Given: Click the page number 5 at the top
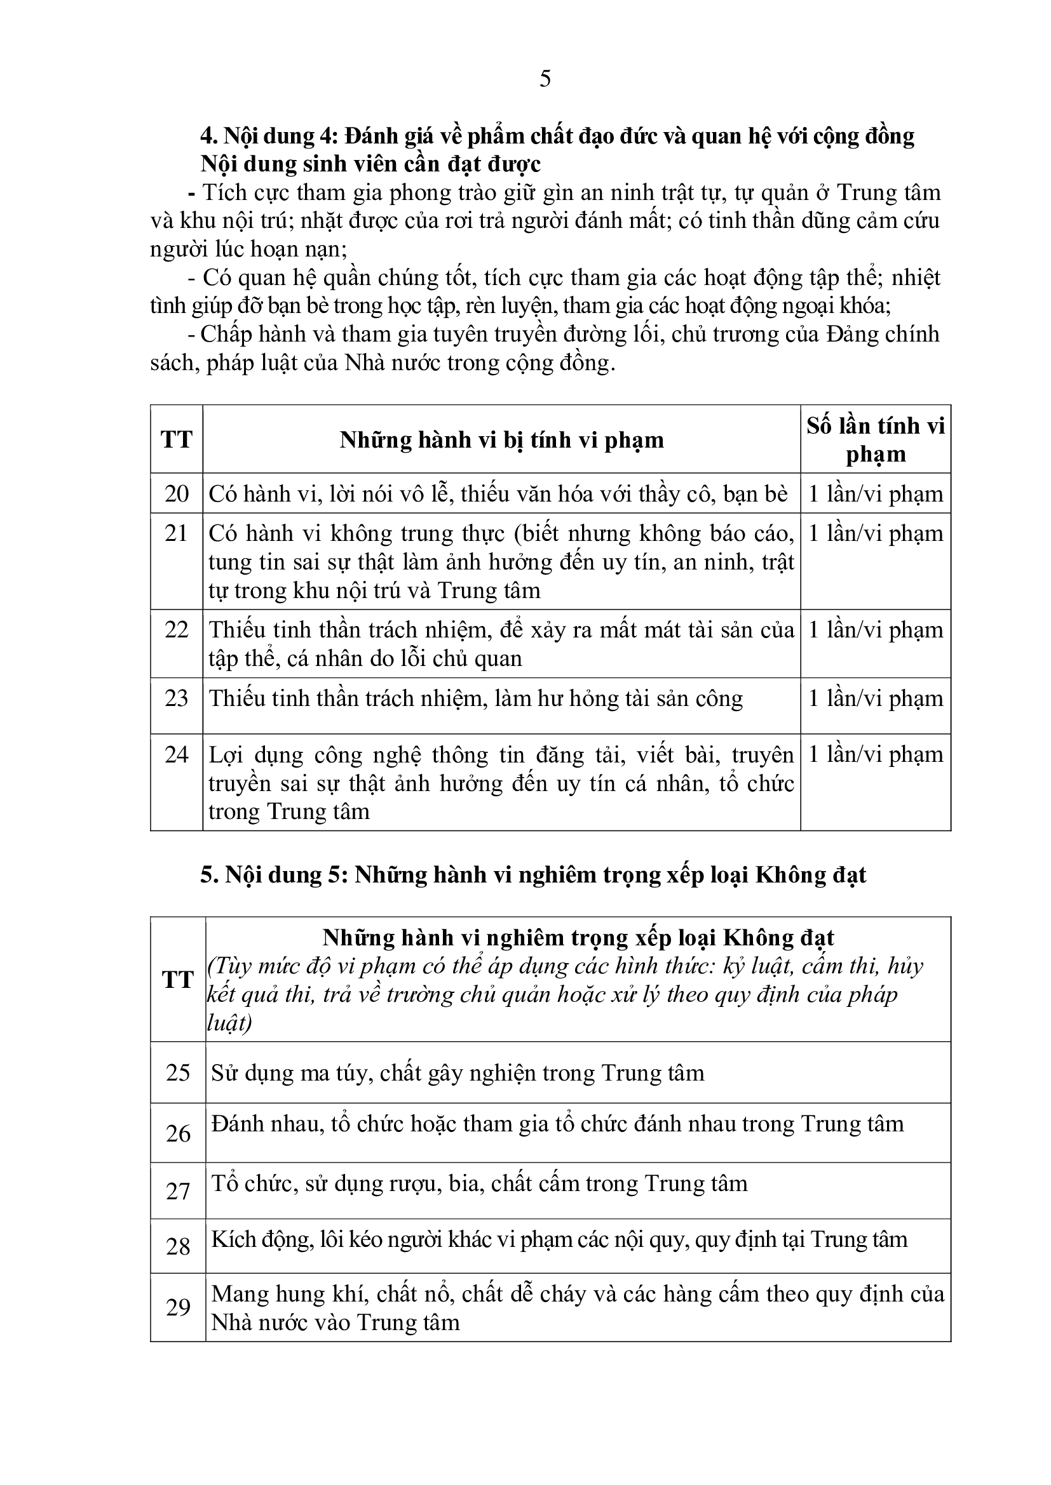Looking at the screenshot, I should pyautogui.click(x=545, y=79).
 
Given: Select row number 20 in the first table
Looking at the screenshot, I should pyautogui.click(x=177, y=493).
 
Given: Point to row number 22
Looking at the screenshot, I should pyautogui.click(x=177, y=629).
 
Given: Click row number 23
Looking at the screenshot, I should pyautogui.click(x=177, y=698).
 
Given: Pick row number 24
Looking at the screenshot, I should pyautogui.click(x=177, y=754).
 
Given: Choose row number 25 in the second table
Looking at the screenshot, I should pyautogui.click(x=178, y=1072).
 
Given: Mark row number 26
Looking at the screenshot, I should pyautogui.click(x=178, y=1133).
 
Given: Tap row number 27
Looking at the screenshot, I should pyautogui.click(x=178, y=1190).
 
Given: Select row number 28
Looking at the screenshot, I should pyautogui.click(x=178, y=1246).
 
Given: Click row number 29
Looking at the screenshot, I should pyautogui.click(x=178, y=1307).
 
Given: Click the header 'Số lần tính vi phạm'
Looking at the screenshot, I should pyautogui.click(x=876, y=440).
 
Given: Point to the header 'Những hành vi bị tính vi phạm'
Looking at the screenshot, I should pyautogui.click(x=501, y=441).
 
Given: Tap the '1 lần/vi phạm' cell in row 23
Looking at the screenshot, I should pyautogui.click(x=876, y=698).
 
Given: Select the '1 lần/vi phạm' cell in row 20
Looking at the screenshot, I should pyautogui.click(x=876, y=494).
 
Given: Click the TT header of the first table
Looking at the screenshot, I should pyautogui.click(x=177, y=440).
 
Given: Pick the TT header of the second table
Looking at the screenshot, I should pyautogui.click(x=178, y=979).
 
